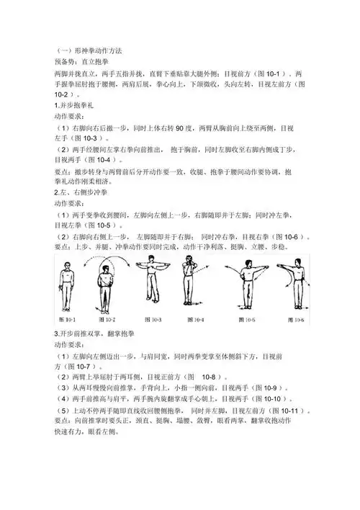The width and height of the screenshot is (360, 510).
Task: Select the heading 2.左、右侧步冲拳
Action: [x=84, y=193]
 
